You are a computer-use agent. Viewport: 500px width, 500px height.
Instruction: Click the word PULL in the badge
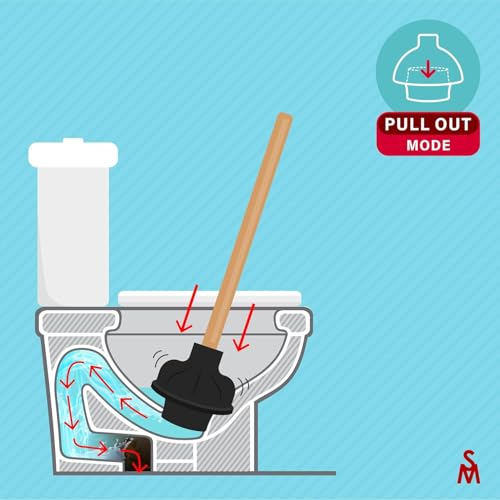click(x=402, y=124)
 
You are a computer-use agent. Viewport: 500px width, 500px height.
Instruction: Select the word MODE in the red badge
click(x=428, y=145)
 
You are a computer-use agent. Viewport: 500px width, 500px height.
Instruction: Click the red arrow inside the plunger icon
click(x=428, y=71)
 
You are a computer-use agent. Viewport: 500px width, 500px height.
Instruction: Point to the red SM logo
click(x=468, y=466)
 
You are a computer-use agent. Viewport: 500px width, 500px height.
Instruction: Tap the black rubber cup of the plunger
click(x=193, y=387)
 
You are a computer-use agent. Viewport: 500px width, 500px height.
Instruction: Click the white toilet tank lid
click(x=73, y=154)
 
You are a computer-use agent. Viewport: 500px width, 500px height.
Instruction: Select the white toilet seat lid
click(x=210, y=298)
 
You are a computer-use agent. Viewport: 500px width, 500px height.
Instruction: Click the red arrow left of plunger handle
click(x=188, y=309)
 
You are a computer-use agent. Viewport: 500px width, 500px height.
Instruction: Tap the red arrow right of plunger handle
click(x=244, y=328)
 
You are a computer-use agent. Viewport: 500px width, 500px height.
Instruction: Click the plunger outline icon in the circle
click(x=428, y=67)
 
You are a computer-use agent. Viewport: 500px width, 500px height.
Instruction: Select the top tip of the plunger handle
click(x=285, y=115)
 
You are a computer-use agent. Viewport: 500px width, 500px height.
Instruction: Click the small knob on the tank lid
click(x=73, y=140)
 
